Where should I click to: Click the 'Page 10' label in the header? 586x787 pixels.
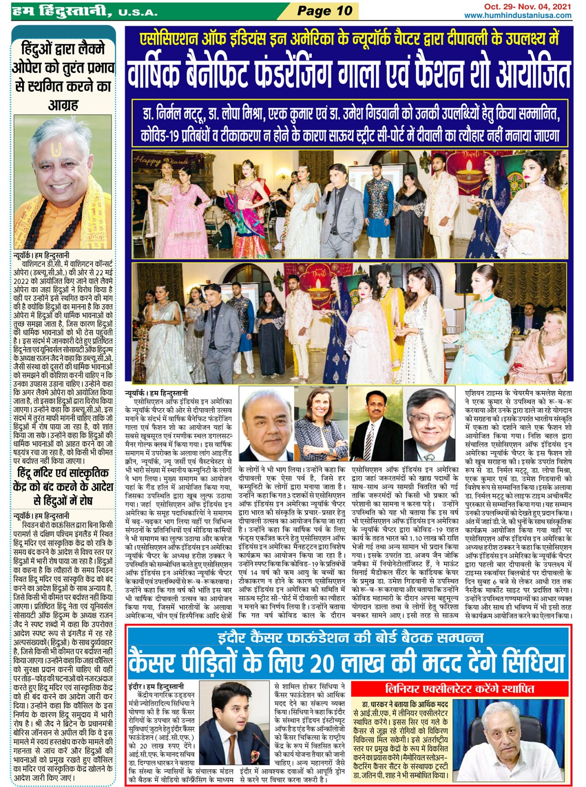tap(325, 11)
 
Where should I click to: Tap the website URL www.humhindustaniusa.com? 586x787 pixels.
tap(518, 15)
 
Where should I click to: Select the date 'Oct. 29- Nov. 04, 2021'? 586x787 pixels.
tap(527, 7)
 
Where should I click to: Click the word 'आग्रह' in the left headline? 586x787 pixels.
tap(63, 105)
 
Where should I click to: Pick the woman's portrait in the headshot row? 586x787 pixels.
tap(321, 424)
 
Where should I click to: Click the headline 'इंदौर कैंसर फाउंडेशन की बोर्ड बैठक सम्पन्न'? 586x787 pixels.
tap(350, 637)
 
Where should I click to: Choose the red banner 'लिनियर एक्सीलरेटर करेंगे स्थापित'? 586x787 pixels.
tap(460, 689)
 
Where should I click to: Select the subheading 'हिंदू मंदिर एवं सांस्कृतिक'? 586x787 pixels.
tap(63, 473)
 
